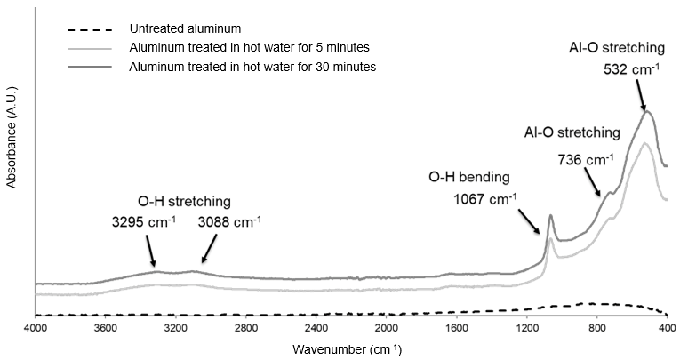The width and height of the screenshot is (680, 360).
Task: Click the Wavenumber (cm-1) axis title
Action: (x=353, y=349)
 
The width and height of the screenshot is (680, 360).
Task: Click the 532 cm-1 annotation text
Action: (x=628, y=65)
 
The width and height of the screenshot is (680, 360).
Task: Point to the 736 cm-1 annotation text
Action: (x=583, y=160)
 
